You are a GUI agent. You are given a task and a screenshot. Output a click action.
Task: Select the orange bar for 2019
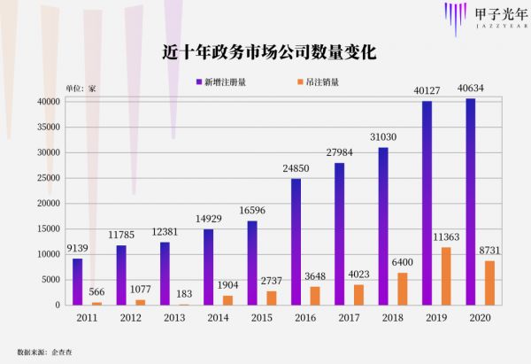pos(448,275)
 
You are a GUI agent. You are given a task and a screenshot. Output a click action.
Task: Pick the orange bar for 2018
pos(404,289)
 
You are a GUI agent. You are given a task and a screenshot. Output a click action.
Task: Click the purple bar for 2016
pos(296,242)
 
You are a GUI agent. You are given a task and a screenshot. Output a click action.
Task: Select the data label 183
pos(184,293)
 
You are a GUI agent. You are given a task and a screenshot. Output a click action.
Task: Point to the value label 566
pos(96,291)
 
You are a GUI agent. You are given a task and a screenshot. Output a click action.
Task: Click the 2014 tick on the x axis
pos(218,318)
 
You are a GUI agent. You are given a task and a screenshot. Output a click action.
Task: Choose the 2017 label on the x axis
pos(349,318)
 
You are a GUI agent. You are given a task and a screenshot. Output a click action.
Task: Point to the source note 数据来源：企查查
pos(43,350)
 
